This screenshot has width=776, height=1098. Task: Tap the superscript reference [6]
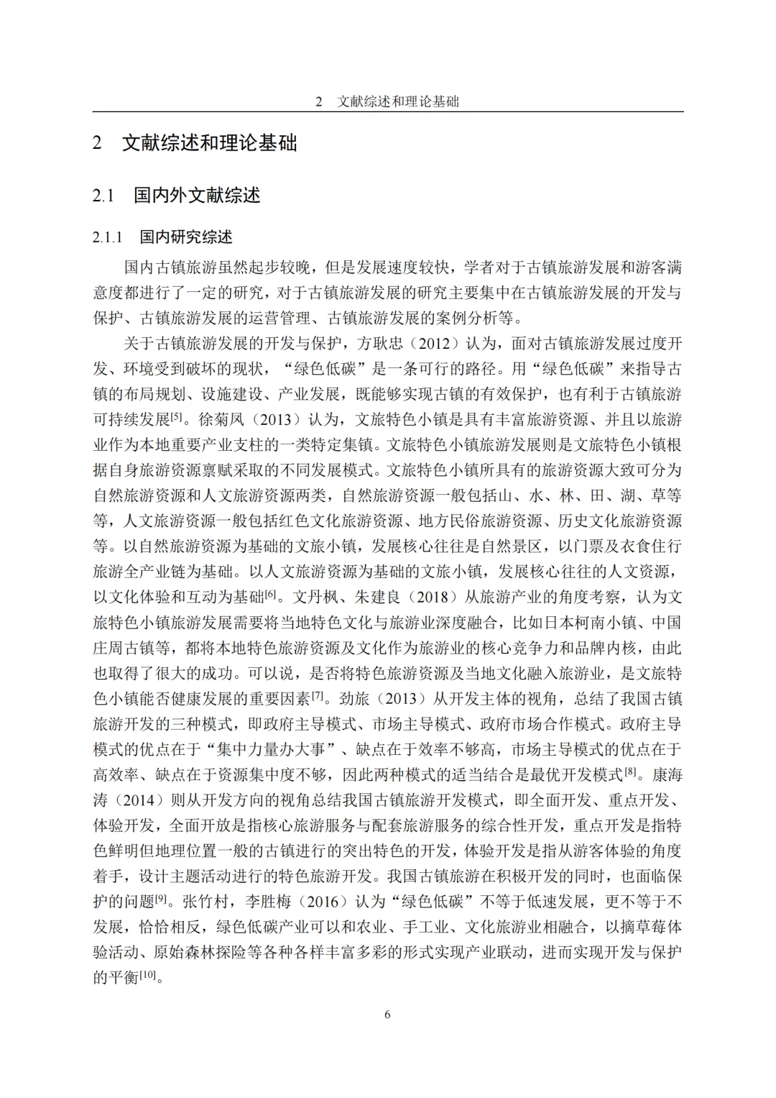point(271,593)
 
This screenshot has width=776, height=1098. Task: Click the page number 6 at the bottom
point(388,1015)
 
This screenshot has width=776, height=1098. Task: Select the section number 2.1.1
point(108,237)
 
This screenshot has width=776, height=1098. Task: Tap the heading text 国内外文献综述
point(197,195)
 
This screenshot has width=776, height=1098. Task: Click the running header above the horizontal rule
point(388,101)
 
